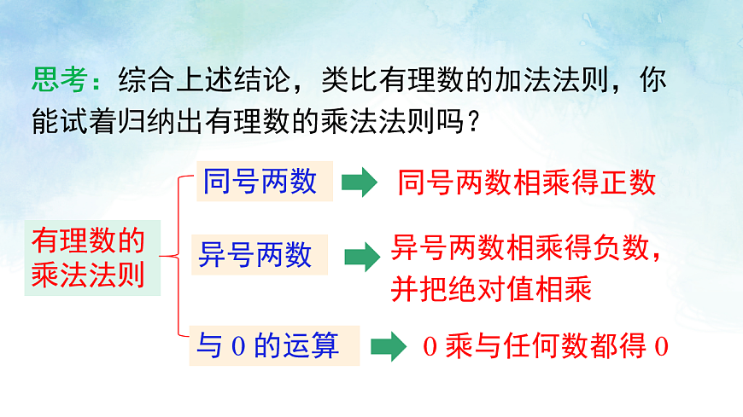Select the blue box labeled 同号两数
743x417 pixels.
pyautogui.click(x=260, y=181)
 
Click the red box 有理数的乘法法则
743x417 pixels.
pyautogui.click(x=88, y=258)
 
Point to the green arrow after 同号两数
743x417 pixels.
pyautogui.click(x=360, y=182)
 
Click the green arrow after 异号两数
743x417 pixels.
pyautogui.click(x=361, y=255)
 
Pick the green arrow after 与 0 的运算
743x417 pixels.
pyautogui.click(x=388, y=346)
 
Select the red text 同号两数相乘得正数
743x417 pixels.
pyautogui.click(x=526, y=182)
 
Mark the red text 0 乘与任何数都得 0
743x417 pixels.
pyautogui.click(x=545, y=347)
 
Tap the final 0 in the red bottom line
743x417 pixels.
pyautogui.click(x=659, y=348)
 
